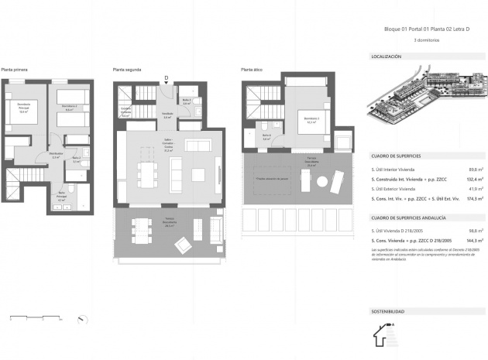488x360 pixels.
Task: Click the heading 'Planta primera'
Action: [15, 70]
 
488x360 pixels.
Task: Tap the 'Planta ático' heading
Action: [251, 70]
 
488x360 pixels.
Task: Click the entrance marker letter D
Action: [167, 77]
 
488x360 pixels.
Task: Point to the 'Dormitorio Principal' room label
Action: [23, 109]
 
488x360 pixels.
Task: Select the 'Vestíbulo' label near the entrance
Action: [167, 115]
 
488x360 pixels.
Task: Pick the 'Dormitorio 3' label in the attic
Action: [312, 118]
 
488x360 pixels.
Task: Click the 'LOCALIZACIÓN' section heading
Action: [387, 57]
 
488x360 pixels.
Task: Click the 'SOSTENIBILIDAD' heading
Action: [388, 311]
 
